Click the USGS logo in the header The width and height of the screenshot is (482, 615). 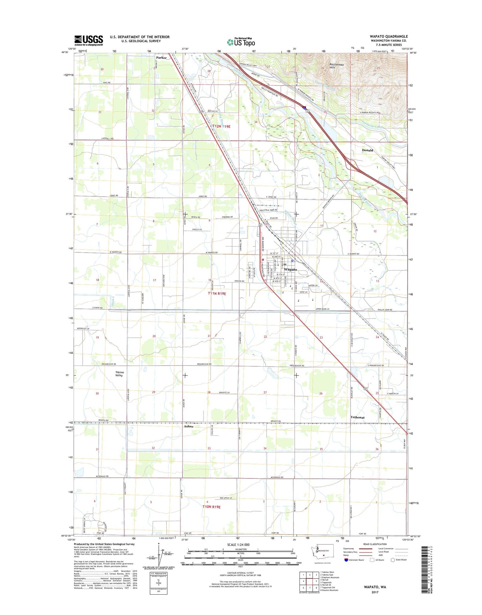click(88, 40)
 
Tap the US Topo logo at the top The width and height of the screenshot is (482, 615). click(241, 42)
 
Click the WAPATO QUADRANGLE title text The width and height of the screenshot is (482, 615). click(388, 36)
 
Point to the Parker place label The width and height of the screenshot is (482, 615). click(161, 57)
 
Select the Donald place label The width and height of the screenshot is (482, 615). click(367, 150)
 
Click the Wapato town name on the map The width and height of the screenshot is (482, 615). click(291, 269)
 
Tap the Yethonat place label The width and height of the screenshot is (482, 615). click(357, 417)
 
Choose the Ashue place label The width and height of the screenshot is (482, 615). click(188, 426)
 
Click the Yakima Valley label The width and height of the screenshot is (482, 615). click(119, 374)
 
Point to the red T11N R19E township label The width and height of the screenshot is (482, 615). click(217, 293)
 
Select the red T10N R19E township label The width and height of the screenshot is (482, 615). click(211, 507)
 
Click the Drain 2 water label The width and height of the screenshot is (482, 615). click(113, 301)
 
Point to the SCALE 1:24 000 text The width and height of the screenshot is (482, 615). click(238, 545)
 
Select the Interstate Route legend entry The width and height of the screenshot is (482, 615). click(354, 560)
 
